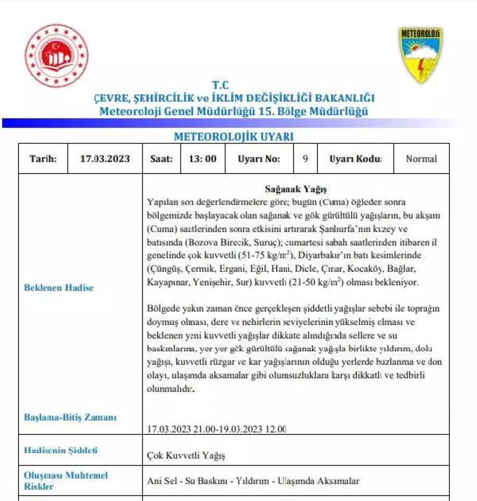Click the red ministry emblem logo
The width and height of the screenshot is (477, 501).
tap(56, 56)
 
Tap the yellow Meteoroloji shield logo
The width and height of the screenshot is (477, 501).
tap(421, 55)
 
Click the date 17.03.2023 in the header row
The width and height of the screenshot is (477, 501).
tap(105, 159)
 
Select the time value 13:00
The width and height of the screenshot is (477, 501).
tap(203, 159)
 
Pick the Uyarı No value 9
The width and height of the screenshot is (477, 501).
tap(305, 159)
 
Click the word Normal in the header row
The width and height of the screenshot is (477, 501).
tap(421, 159)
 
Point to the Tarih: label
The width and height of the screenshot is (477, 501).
tap(43, 159)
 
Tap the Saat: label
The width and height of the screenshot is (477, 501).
tap(161, 159)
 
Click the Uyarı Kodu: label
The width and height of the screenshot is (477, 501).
tap(355, 159)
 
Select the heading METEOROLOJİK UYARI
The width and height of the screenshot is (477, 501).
tap(234, 136)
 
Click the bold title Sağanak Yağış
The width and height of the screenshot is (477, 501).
tap(296, 189)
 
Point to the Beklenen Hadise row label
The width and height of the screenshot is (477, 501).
tap(59, 287)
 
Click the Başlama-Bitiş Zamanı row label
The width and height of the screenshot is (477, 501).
tap(70, 417)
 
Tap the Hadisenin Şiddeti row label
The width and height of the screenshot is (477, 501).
tap(61, 450)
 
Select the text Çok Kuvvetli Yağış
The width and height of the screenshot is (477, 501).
tap(186, 455)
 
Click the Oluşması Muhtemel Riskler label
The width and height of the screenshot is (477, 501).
tap(66, 480)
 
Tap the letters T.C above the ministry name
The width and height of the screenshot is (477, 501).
tap(220, 85)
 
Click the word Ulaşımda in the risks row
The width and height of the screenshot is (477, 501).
tap(296, 481)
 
